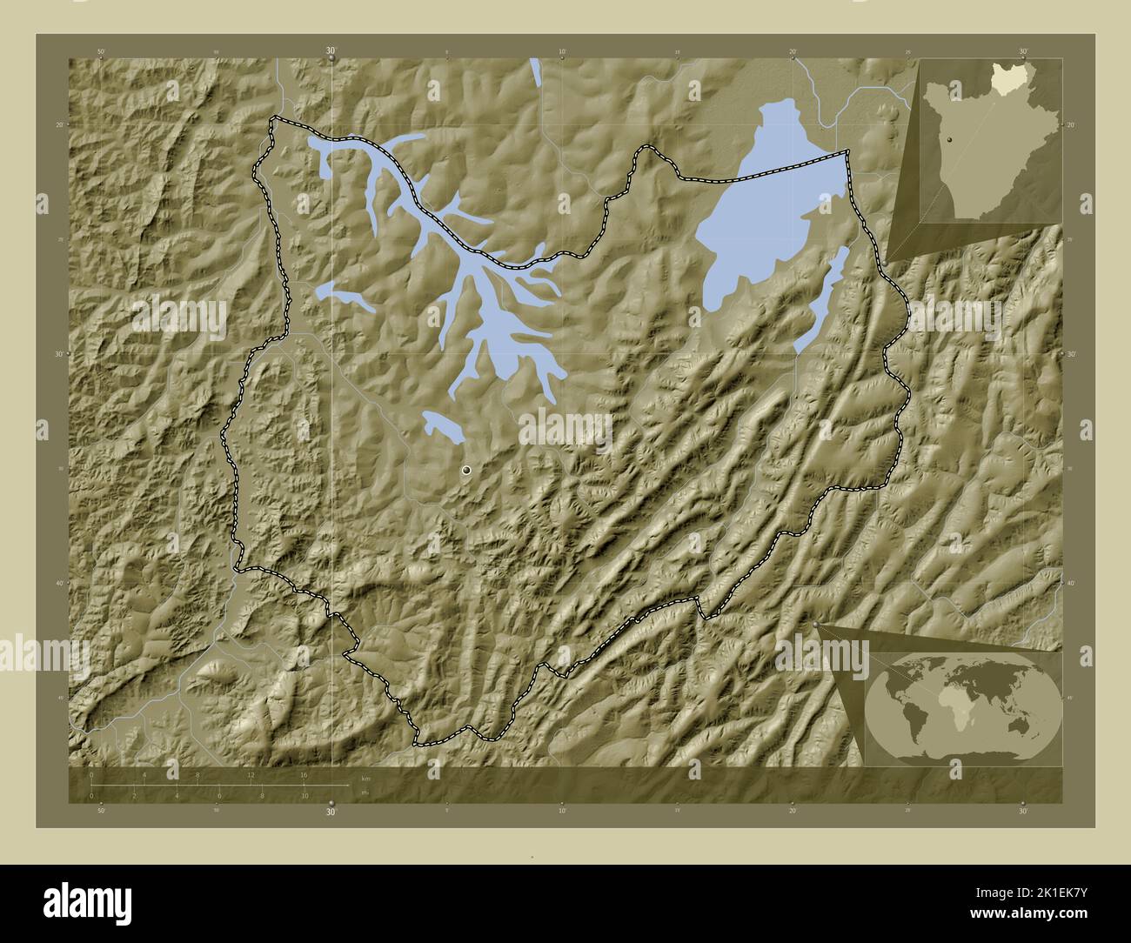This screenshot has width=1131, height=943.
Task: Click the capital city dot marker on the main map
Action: pos(467,470)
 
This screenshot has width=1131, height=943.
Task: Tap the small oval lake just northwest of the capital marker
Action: pos(442,426)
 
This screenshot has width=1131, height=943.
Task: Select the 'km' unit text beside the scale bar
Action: pos(365,778)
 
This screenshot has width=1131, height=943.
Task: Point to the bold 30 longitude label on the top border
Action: pos(331,51)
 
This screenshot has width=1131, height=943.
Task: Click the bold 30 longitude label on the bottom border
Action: pos(331,812)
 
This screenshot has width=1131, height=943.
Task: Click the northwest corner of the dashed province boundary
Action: pos(273,119)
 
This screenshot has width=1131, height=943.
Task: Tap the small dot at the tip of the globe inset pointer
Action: pos(815,624)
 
